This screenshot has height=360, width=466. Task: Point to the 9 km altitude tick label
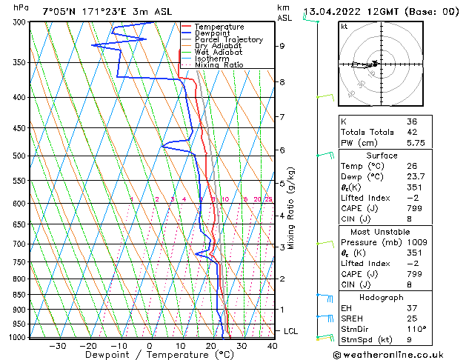coord(282,46)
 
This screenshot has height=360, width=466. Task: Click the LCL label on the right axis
coord(291,331)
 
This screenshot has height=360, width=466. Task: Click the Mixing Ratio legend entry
coord(219,65)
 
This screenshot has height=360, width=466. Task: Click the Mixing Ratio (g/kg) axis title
coord(293,208)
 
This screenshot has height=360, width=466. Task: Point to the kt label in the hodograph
coord(344,26)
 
